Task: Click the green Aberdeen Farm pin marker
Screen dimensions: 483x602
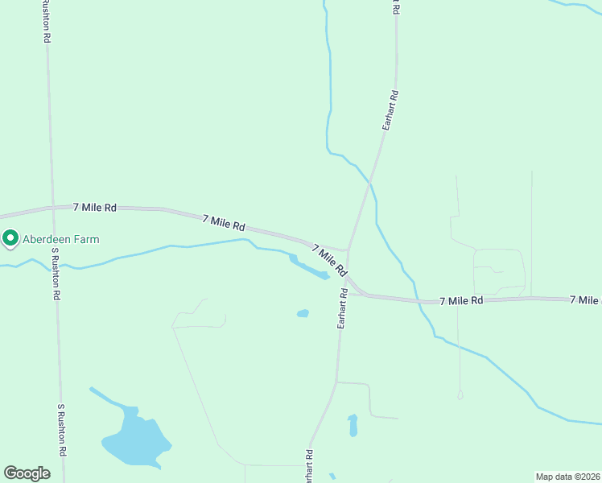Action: click(x=10, y=239)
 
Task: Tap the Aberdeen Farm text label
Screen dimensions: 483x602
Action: click(x=60, y=239)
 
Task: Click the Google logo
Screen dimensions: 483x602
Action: click(x=27, y=473)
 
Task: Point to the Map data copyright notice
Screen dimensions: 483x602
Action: click(x=568, y=477)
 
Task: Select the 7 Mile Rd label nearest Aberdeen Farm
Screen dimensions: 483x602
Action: click(x=95, y=207)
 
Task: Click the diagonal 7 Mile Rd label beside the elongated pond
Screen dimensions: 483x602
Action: click(x=329, y=258)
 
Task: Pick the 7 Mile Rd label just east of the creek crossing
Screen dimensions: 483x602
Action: click(x=461, y=300)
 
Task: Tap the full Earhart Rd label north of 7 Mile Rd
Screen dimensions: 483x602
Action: click(x=390, y=111)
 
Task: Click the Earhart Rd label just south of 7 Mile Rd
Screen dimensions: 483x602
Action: click(x=342, y=308)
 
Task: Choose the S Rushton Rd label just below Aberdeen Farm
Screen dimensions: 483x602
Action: click(x=56, y=273)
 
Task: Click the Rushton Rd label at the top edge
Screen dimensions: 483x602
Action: click(x=47, y=21)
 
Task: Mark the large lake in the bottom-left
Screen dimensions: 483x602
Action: click(x=134, y=441)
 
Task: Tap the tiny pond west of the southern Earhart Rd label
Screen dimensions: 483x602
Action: click(x=303, y=313)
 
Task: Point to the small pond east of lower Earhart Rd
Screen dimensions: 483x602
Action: click(x=353, y=424)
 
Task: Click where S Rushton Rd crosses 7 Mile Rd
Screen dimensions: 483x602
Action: click(x=52, y=207)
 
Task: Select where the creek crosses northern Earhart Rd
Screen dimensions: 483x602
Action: click(x=371, y=182)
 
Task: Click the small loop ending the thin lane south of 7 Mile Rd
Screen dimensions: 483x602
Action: click(x=460, y=395)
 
